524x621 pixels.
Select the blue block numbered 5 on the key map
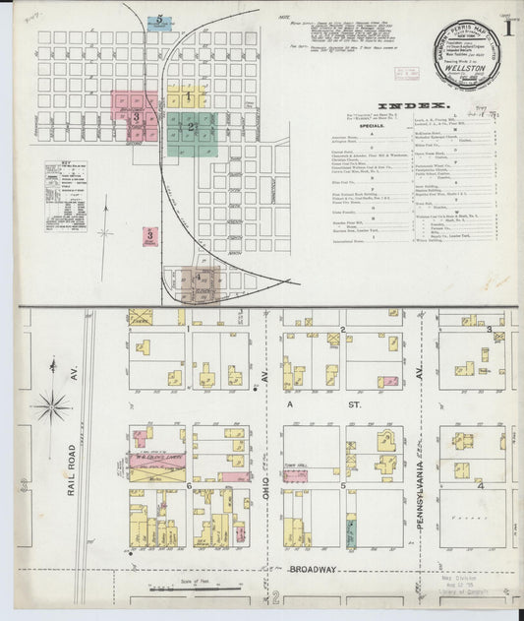[x=159, y=21]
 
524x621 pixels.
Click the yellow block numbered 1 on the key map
[x=187, y=97]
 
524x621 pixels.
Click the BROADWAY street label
[x=314, y=569]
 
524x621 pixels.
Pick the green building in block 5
[x=352, y=533]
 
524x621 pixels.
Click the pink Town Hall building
[x=296, y=475]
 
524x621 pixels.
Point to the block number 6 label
[x=188, y=485]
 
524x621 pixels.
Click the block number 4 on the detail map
[x=481, y=485]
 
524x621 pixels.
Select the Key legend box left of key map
[x=65, y=196]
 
